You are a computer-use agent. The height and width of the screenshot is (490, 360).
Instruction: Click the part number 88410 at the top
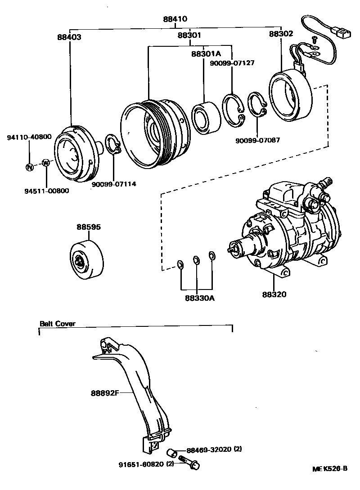tap(175, 19)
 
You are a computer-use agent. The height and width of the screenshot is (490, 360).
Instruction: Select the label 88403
tap(69, 37)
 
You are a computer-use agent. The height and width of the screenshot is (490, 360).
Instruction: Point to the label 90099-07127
tap(232, 63)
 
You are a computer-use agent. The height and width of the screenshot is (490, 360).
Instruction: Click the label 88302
tap(281, 34)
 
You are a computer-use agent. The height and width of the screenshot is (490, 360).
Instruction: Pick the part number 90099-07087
tap(257, 140)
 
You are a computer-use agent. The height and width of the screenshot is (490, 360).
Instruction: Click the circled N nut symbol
tap(29, 167)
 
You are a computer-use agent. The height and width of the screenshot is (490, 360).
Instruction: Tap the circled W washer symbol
tap(45, 163)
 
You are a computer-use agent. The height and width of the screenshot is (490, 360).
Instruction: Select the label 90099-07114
tap(114, 184)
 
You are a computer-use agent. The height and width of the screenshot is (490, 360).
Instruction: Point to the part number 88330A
tap(197, 297)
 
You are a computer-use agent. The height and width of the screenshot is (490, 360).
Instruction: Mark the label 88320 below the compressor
tap(274, 295)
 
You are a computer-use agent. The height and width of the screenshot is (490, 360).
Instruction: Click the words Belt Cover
tap(57, 323)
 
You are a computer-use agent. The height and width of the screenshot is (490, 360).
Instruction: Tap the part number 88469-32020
tap(209, 449)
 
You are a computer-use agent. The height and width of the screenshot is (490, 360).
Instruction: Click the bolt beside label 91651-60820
tap(188, 463)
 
